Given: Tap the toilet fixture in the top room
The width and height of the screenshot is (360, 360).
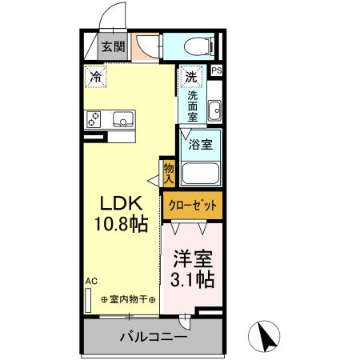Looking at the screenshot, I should coord(197,46).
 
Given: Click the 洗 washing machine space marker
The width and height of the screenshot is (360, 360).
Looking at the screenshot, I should coord(191,78).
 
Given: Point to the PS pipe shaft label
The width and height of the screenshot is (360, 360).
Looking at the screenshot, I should coord(215,71).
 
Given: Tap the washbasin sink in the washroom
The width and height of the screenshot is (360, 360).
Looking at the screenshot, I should coord(214,111).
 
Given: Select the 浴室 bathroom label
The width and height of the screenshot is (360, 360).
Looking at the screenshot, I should coord(201,146).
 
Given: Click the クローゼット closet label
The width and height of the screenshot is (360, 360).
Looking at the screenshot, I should coord(193,206).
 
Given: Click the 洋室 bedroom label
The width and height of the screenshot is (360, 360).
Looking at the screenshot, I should coord(192,259).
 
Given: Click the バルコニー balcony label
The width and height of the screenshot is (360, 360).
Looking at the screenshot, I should coord(154,337).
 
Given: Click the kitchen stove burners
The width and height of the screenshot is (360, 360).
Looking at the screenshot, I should coord(93,119).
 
